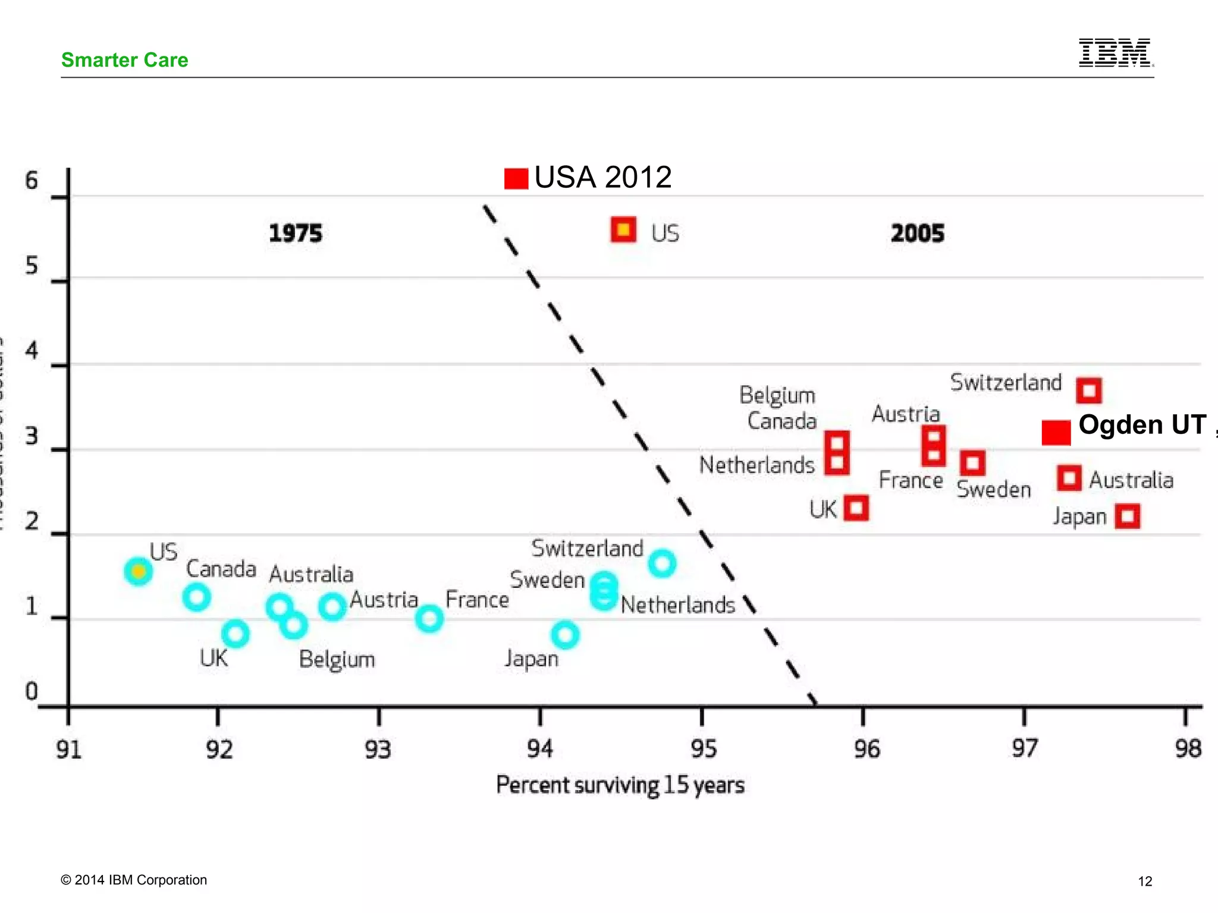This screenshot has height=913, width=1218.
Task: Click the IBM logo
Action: pos(1116,53)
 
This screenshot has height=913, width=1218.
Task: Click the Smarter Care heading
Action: pos(124,60)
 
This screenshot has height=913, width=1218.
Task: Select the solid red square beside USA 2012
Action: pos(516,178)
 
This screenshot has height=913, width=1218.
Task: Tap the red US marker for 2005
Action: pos(623,229)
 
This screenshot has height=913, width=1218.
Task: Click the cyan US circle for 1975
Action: pos(138,571)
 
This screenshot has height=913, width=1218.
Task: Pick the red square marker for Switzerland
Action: pos(1089,391)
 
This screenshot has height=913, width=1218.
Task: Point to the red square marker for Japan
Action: pos(1128,516)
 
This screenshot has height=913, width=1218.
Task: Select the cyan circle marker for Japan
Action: pos(565,635)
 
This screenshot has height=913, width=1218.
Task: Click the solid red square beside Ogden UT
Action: pos(1056,432)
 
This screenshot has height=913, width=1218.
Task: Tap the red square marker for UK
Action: pos(856,508)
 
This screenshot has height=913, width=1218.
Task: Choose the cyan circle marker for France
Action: pos(429,619)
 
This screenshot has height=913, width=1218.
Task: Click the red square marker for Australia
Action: pos(1069,478)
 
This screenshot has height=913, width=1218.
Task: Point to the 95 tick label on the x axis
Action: pos(703,748)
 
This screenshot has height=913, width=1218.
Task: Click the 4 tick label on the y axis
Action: pos(32,351)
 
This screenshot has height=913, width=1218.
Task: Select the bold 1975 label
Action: pos(296,233)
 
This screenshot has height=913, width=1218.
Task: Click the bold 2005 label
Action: pos(917,233)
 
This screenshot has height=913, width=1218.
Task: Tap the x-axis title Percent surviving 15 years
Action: pos(620,785)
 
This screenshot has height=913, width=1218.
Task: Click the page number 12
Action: pos(1145,881)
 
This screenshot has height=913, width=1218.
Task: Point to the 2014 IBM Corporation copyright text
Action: pos(134,880)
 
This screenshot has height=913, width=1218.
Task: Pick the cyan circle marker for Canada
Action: pos(196,597)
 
